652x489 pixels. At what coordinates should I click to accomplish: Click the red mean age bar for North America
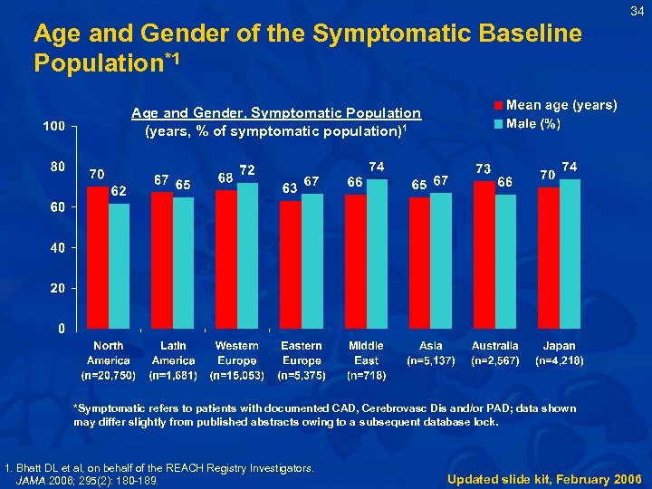click(x=98, y=257)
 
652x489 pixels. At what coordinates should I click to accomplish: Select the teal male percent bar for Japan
click(x=570, y=254)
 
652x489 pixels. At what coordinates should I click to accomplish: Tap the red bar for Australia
click(x=484, y=254)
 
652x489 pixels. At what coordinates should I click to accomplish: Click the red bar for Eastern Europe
click(x=291, y=264)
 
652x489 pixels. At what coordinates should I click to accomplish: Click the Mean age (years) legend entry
click(x=554, y=106)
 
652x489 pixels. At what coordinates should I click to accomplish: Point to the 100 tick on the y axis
click(x=53, y=126)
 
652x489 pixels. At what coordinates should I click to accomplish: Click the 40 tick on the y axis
click(x=57, y=247)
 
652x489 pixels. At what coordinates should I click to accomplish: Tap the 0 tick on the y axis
click(x=61, y=328)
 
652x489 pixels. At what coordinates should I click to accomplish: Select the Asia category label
click(x=431, y=346)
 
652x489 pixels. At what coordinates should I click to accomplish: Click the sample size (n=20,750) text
click(x=109, y=374)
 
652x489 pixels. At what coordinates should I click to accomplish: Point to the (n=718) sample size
click(x=366, y=374)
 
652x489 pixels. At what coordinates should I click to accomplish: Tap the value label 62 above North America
click(x=118, y=191)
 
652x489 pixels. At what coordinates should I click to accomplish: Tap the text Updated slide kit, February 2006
click(x=544, y=478)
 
